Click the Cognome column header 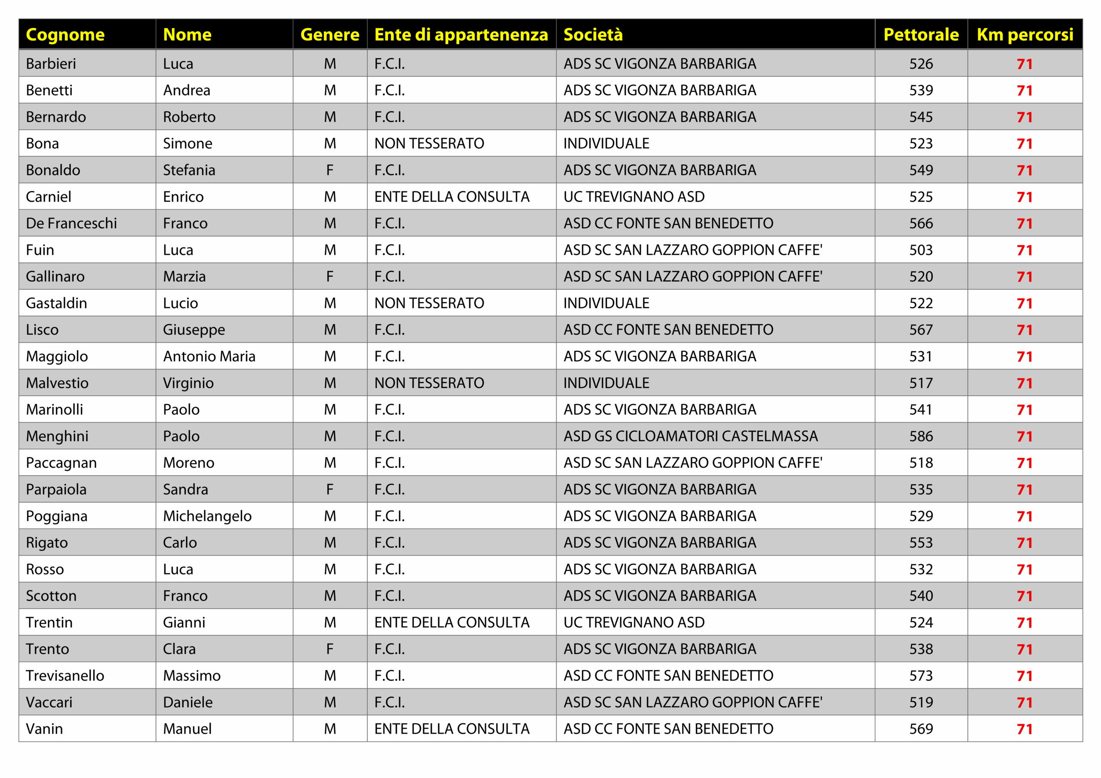(x=65, y=34)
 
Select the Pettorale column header (x=921, y=34)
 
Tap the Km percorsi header (x=1025, y=34)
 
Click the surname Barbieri (x=51, y=64)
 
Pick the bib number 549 (x=921, y=170)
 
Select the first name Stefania (x=189, y=170)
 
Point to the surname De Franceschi (x=71, y=224)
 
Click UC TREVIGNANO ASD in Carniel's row (x=634, y=197)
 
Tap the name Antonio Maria (x=209, y=357)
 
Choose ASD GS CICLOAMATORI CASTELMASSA (x=691, y=436)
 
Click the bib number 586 (x=921, y=436)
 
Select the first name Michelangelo (x=207, y=516)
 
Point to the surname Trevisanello (x=65, y=676)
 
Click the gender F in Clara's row (x=330, y=649)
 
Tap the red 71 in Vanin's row (x=1024, y=729)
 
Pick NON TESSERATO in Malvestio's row (x=429, y=383)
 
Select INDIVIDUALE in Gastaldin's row (x=606, y=303)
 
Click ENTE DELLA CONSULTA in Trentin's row (x=452, y=623)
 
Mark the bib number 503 (x=921, y=250)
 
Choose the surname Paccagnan (x=62, y=463)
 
